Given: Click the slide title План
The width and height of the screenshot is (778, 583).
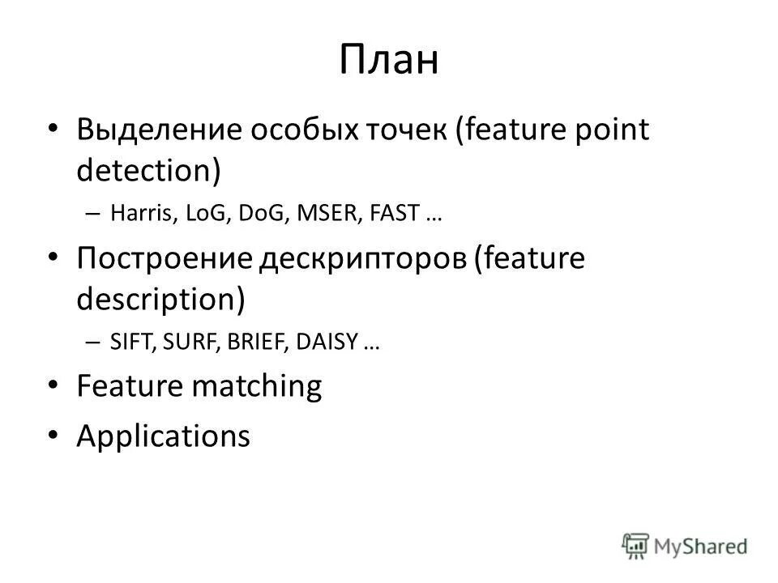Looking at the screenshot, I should (x=389, y=61).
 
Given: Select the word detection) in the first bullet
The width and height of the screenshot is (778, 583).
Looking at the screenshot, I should (x=148, y=171).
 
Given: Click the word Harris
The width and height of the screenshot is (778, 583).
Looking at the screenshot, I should (x=135, y=215).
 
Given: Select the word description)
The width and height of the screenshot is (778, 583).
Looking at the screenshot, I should (x=160, y=300).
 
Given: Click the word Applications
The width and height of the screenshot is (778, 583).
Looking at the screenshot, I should (x=163, y=436).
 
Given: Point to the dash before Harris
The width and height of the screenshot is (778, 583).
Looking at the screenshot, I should (x=92, y=215).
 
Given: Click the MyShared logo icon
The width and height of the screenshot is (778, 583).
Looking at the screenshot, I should (x=635, y=545).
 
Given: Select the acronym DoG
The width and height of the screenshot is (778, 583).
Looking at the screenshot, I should (x=260, y=215).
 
